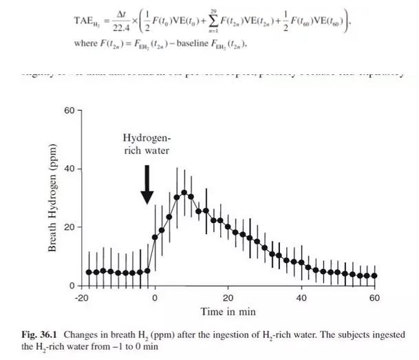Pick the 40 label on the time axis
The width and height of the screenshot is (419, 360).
[x=301, y=298]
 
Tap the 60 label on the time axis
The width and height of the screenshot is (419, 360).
[x=375, y=298]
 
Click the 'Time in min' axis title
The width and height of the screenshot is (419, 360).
[x=228, y=312]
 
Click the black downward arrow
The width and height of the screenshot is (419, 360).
[x=147, y=184]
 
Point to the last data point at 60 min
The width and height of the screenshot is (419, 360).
[x=375, y=275]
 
